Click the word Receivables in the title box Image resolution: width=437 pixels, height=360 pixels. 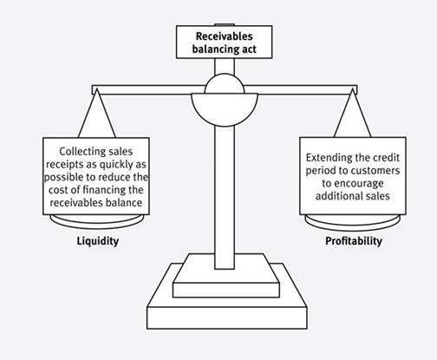[224, 36]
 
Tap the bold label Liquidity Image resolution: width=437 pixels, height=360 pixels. [98, 241]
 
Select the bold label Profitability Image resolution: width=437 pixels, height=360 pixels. [354, 240]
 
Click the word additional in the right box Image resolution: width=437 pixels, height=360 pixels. [335, 196]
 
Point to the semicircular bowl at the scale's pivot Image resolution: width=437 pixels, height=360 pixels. [225, 109]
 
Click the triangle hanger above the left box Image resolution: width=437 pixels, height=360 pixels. [97, 115]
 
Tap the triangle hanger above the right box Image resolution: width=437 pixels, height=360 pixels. [352, 115]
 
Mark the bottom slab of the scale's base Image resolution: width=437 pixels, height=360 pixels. [227, 317]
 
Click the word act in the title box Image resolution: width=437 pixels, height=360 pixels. [248, 49]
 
